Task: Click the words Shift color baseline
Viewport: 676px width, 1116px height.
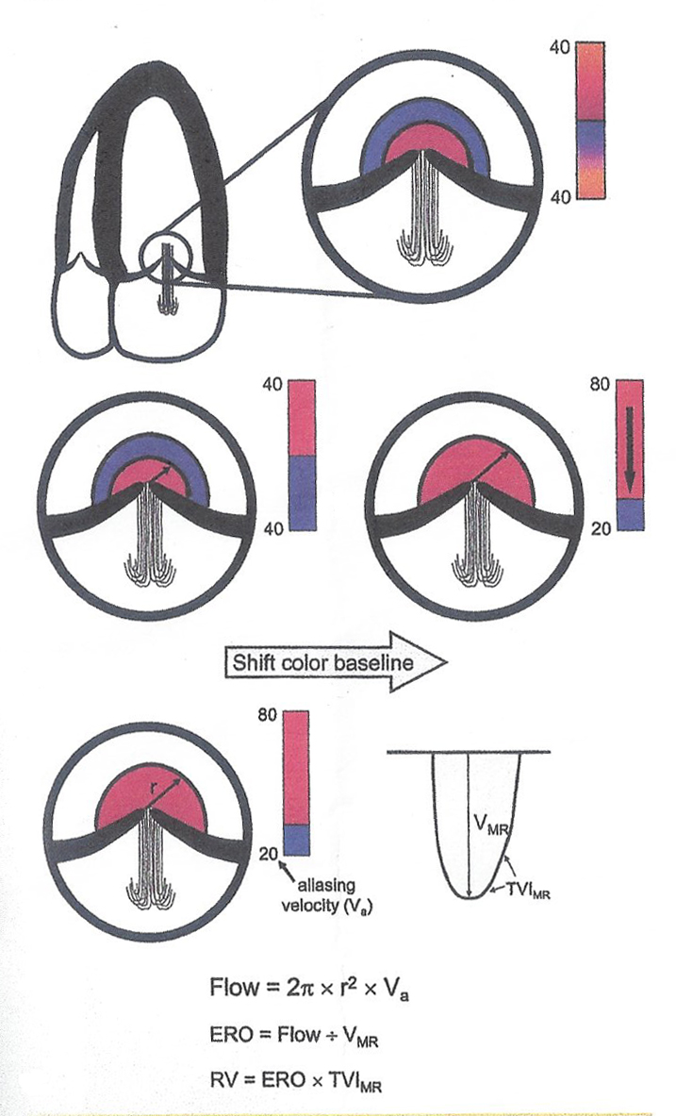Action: pyautogui.click(x=322, y=663)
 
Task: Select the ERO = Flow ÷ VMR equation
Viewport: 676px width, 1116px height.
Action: pyautogui.click(x=294, y=1036)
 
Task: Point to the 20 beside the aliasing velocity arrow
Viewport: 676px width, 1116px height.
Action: pyautogui.click(x=268, y=855)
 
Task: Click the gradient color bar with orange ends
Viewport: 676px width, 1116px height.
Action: pyautogui.click(x=590, y=120)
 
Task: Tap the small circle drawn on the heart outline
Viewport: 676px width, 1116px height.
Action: pyautogui.click(x=166, y=259)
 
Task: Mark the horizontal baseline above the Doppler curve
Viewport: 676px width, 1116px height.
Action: pyautogui.click(x=469, y=752)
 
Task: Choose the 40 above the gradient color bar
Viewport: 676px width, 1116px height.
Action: pyautogui.click(x=559, y=47)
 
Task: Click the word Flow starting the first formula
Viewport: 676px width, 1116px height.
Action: pyautogui.click(x=231, y=988)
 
